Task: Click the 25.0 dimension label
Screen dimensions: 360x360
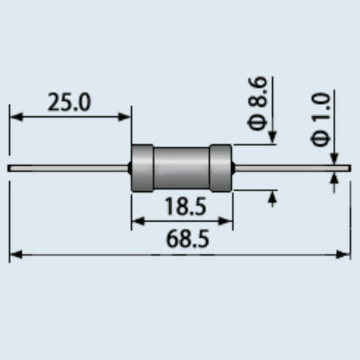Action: point(69,102)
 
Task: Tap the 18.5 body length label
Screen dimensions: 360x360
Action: point(185,206)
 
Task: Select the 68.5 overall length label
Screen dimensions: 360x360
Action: point(187,238)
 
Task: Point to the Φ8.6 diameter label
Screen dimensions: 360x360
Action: point(257,103)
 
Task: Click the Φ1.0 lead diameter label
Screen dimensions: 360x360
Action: point(320,119)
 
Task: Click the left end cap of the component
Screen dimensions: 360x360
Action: point(142,168)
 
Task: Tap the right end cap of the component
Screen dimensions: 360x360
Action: point(220,168)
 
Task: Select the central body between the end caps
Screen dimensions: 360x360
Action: point(181,168)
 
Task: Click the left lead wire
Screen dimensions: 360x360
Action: point(67,168)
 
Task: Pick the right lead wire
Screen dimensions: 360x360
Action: point(292,168)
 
